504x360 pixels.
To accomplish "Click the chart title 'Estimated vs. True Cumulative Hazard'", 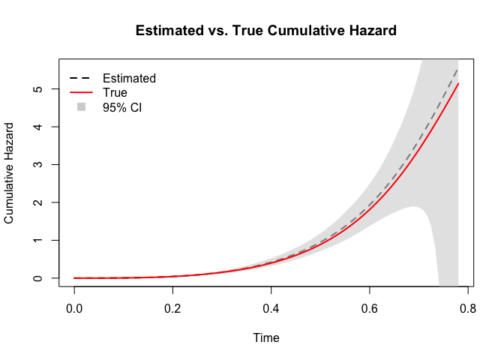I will pos(265,31).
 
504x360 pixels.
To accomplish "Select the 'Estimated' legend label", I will pos(129,78).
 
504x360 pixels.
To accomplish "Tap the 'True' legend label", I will pos(115,93).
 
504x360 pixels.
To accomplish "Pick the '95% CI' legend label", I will pos(122,107).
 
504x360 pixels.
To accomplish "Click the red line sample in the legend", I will pos(80,93).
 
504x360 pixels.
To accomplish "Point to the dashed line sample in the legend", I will pos(80,78).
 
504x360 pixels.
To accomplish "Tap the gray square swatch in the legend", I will pos(81,107).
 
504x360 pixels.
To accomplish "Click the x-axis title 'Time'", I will pos(266,338).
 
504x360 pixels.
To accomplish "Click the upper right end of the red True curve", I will pos(457,84).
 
